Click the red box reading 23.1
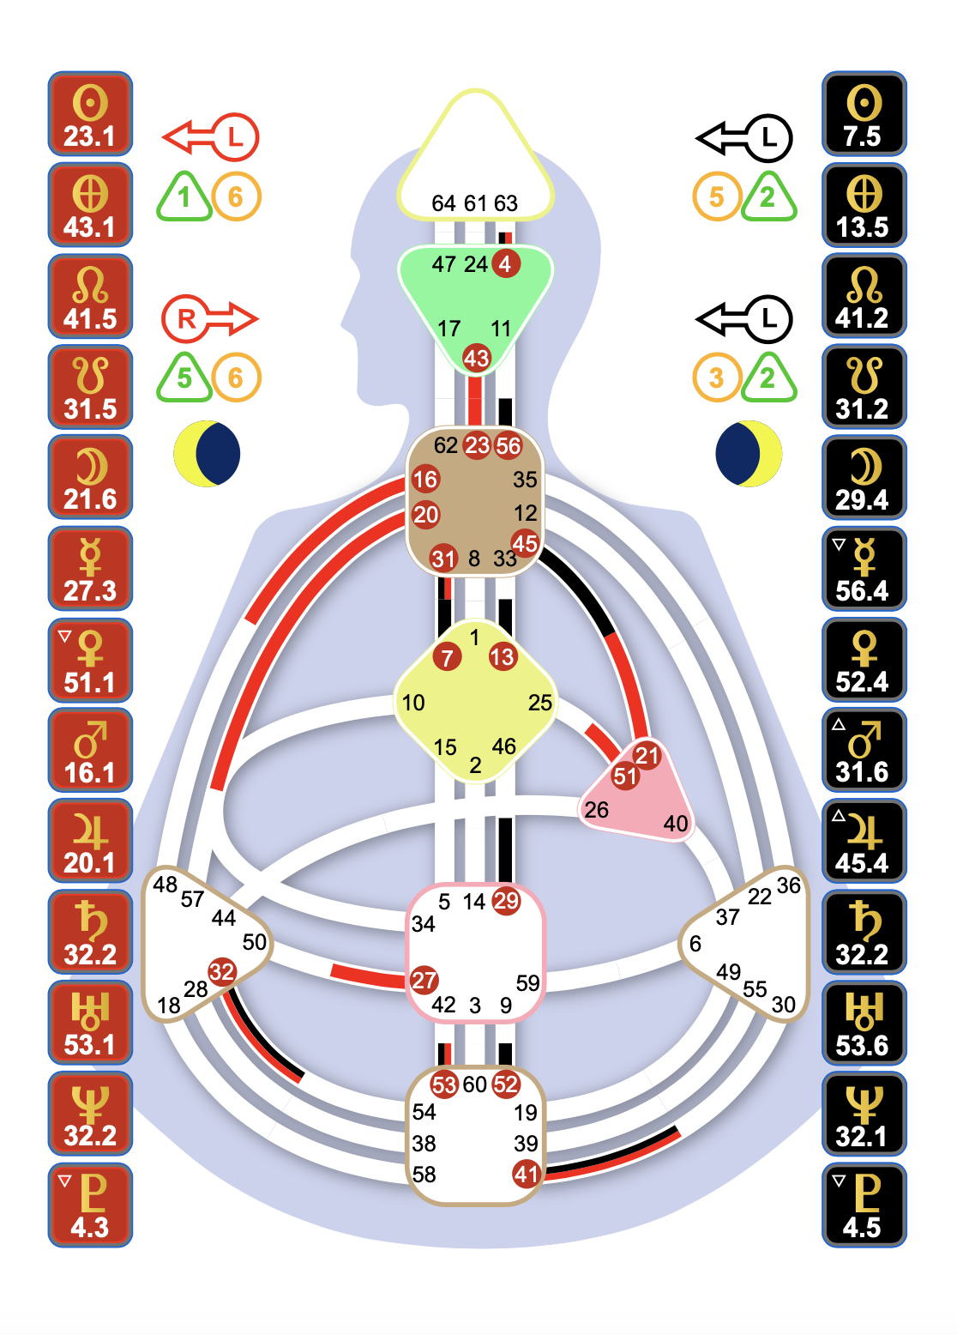[90, 114]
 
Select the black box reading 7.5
[864, 114]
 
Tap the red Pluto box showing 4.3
[90, 1205]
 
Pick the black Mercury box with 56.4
[864, 569]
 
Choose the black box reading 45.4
[864, 842]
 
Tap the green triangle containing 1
[184, 197]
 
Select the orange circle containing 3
[716, 378]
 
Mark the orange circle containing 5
[716, 197]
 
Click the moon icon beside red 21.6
[207, 454]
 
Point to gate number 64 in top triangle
[443, 203]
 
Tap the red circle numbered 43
[476, 358]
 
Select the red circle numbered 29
[506, 901]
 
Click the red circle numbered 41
[526, 1173]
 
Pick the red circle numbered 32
[222, 971]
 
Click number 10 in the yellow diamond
[413, 703]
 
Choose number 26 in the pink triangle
[596, 810]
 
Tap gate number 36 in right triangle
[788, 885]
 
